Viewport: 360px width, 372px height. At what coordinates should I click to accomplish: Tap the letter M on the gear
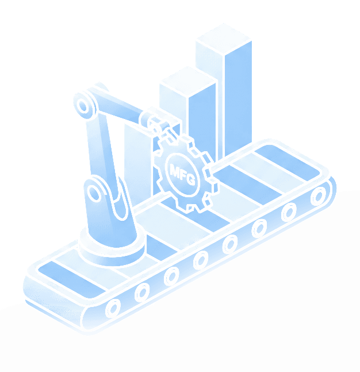tap(175, 168)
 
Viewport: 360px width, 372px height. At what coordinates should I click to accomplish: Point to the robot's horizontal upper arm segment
tap(118, 109)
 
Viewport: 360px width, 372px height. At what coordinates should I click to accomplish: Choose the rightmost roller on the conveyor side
tap(316, 197)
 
